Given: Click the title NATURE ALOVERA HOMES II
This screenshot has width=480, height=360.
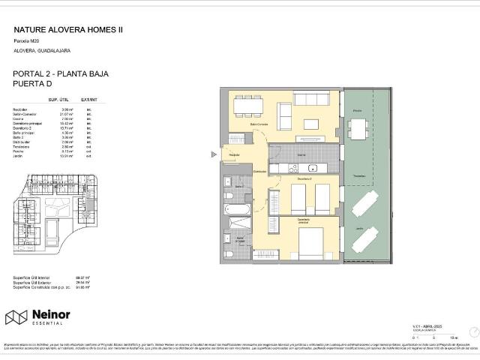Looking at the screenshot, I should pos(68,31).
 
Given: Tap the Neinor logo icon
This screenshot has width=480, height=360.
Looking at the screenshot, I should pos(16,317).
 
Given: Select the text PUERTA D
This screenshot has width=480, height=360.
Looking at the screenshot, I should pos(34,85).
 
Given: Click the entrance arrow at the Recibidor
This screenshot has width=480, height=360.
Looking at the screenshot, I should pos(214,155).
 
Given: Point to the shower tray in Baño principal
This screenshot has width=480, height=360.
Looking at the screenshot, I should pos(239,226).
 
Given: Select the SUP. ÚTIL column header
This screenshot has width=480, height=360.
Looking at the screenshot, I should pos(59,99).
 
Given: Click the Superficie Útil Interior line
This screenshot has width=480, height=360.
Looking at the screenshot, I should pos(31,277).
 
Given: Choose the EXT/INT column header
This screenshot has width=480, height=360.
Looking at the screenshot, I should pos(89,99).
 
